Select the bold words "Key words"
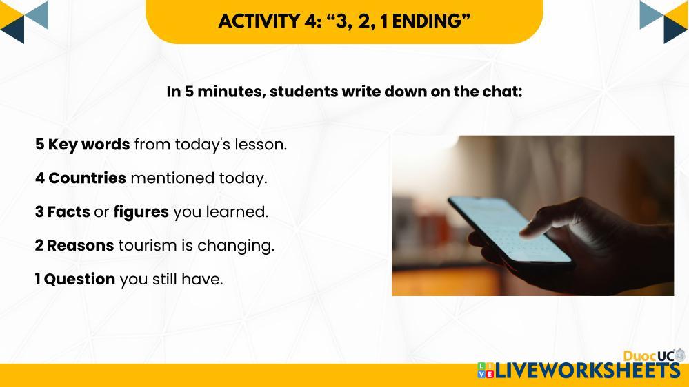click(x=89, y=145)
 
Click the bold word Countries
click(x=87, y=178)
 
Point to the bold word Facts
click(x=68, y=212)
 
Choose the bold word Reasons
click(x=81, y=246)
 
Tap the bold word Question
click(x=79, y=280)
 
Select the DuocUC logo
click(x=654, y=356)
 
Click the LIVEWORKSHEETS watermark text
click(x=588, y=370)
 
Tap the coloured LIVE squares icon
click(x=486, y=370)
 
